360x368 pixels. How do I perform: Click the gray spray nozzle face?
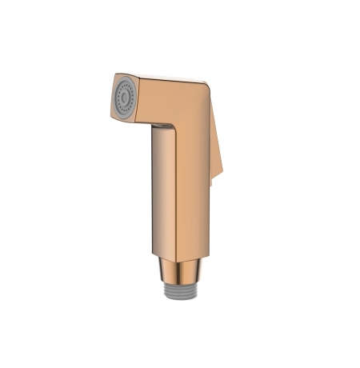click(125, 96)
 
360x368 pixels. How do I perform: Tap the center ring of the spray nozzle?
click(124, 95)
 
